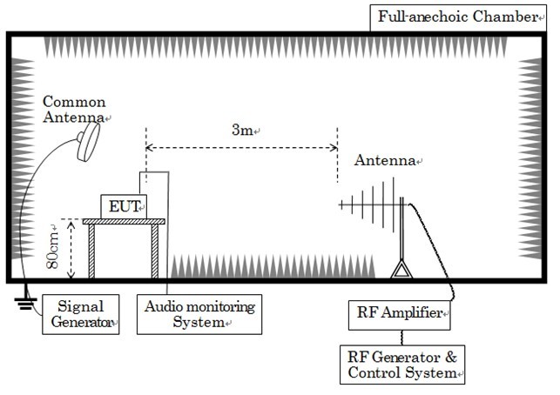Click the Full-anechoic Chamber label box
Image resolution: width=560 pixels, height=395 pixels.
(458, 18)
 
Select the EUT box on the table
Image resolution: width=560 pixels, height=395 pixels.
(124, 206)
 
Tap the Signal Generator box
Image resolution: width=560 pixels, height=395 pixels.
(81, 314)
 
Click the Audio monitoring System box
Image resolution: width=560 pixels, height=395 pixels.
(199, 314)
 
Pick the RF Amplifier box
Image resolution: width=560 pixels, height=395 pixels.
(399, 315)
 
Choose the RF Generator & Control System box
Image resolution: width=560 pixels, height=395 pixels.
(402, 365)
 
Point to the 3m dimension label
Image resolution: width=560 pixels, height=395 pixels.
(242, 130)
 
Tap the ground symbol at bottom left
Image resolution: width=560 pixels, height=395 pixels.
(26, 300)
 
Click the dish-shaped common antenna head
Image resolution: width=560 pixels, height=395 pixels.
(88, 142)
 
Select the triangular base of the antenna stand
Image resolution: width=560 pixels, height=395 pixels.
(401, 269)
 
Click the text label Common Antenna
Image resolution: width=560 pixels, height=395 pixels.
(74, 110)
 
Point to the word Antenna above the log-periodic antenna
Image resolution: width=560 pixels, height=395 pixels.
(385, 160)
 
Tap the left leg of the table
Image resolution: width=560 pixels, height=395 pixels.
(91, 251)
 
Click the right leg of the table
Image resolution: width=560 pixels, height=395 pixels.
(155, 251)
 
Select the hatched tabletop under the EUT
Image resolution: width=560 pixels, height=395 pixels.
(124, 222)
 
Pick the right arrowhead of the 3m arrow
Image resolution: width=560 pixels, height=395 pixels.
(334, 148)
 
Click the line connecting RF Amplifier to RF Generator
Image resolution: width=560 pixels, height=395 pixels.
(402, 338)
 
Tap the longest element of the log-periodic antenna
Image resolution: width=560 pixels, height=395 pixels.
(393, 204)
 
